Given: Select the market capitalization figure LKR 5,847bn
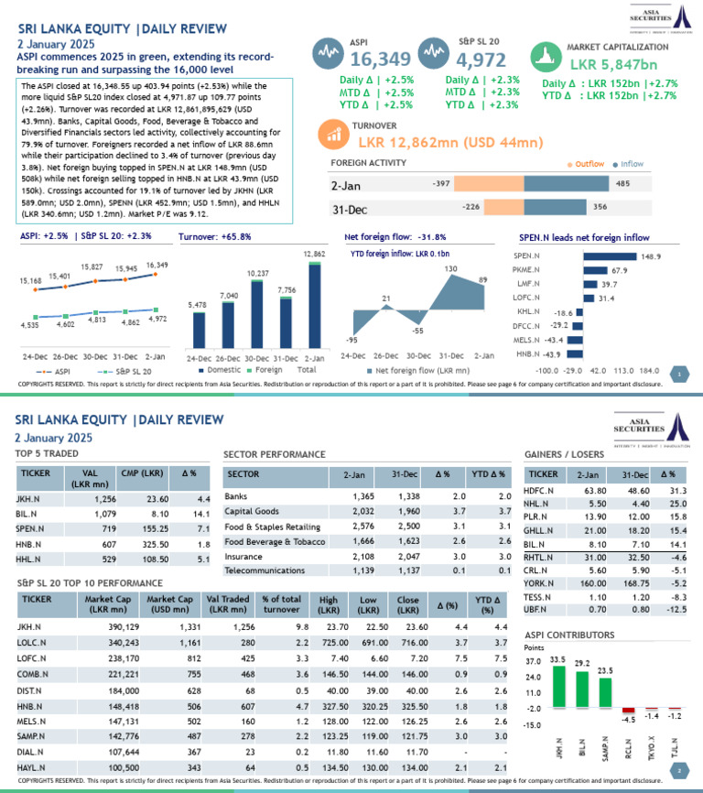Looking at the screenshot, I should coord(612,65).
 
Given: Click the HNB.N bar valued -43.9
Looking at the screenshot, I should coord(575,353).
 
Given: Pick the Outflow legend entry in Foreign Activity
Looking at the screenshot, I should coord(586,164).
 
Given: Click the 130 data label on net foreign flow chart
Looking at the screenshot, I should coord(451,268).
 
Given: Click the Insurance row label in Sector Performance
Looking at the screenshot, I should coord(243,556).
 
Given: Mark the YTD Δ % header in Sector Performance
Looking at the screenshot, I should coord(488,474).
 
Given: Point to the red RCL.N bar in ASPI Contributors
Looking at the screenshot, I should coord(628,710).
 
